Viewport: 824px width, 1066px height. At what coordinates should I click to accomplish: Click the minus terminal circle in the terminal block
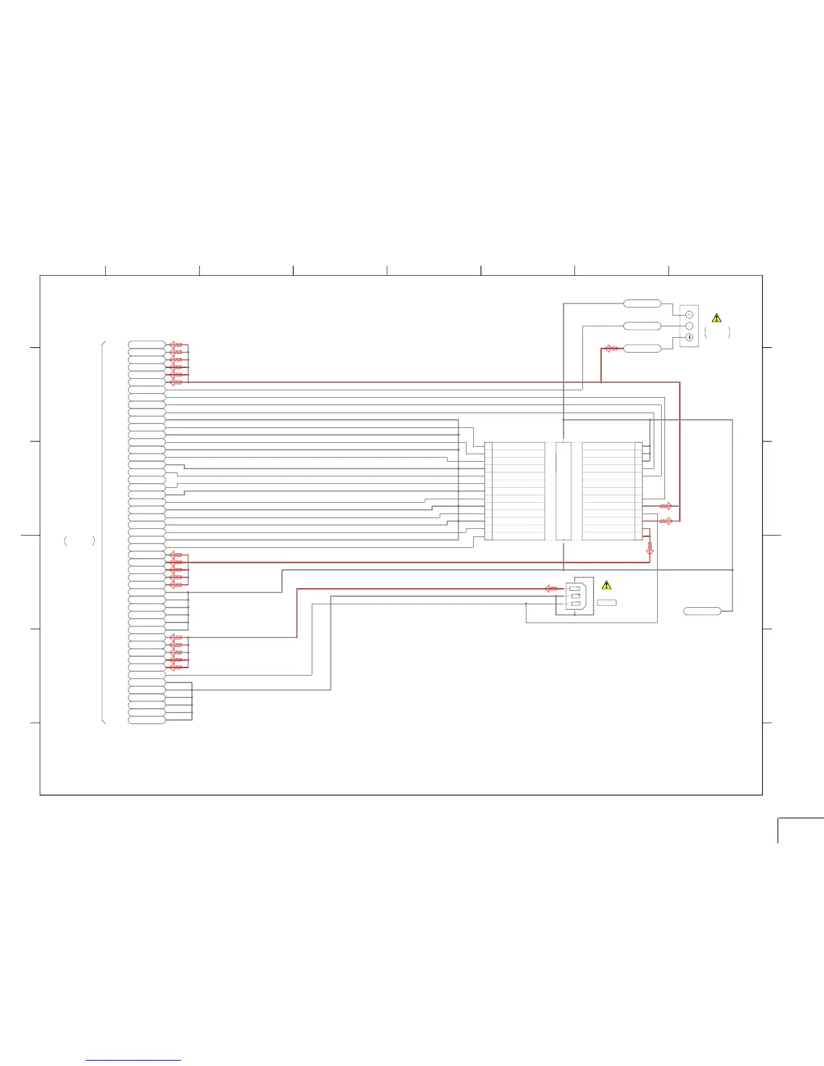[x=689, y=314]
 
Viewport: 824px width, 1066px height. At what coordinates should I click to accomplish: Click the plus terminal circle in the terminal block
[x=689, y=337]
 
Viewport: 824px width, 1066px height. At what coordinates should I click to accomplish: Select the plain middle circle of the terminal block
[x=689, y=326]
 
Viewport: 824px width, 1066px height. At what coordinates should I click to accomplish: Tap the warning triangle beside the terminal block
[x=716, y=318]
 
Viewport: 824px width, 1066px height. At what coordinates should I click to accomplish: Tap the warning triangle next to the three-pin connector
[x=606, y=585]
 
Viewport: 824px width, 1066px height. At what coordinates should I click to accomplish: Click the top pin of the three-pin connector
[x=574, y=588]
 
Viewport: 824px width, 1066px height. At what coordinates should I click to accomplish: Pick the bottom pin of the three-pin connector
[x=574, y=604]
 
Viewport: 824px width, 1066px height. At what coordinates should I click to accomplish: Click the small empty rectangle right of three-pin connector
[x=606, y=602]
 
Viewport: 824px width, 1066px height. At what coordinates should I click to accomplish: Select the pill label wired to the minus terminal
[x=642, y=304]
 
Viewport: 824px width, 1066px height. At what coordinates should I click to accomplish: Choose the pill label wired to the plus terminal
[x=642, y=348]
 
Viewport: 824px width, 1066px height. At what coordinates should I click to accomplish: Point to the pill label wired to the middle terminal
[x=642, y=326]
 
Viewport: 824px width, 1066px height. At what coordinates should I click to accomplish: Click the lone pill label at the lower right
[x=702, y=611]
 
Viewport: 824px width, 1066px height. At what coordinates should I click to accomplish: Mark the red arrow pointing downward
[x=650, y=548]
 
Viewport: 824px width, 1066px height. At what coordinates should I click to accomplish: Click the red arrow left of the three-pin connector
[x=551, y=588]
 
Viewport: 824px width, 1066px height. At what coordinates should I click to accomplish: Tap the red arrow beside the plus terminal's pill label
[x=611, y=348]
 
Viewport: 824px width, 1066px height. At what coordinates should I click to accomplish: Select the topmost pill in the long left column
[x=147, y=345]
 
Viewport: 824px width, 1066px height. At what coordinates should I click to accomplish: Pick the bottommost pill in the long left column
[x=147, y=720]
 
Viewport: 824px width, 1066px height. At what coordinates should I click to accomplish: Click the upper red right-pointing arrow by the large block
[x=666, y=505]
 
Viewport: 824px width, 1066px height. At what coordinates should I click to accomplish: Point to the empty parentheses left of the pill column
[x=79, y=540]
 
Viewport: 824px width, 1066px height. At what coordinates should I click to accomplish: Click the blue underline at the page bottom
[x=133, y=1060]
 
